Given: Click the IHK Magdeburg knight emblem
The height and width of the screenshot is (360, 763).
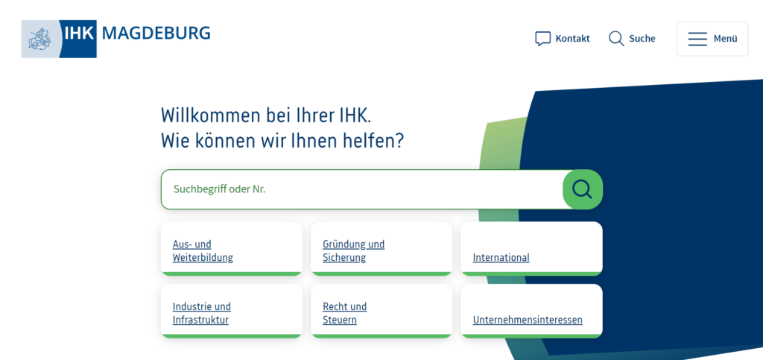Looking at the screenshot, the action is (x=39, y=39).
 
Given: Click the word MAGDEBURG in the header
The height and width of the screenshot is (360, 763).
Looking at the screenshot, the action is (x=156, y=33).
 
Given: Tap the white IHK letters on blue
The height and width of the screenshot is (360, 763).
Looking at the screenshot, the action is (x=80, y=33).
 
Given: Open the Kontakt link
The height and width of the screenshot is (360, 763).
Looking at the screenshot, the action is (x=572, y=39).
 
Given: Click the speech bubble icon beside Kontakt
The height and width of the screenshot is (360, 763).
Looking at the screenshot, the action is (x=542, y=39).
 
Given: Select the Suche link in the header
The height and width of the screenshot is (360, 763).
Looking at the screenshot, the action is (x=642, y=39).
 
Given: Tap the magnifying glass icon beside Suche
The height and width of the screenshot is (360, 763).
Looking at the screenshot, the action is (x=616, y=39).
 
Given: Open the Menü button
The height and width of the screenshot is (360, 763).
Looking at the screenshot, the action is (x=712, y=39).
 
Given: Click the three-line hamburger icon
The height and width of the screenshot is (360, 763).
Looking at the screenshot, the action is (x=697, y=39).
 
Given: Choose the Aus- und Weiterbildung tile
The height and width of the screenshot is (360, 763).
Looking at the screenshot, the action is (x=232, y=249).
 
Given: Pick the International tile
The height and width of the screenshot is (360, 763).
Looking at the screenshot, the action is (x=531, y=249).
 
